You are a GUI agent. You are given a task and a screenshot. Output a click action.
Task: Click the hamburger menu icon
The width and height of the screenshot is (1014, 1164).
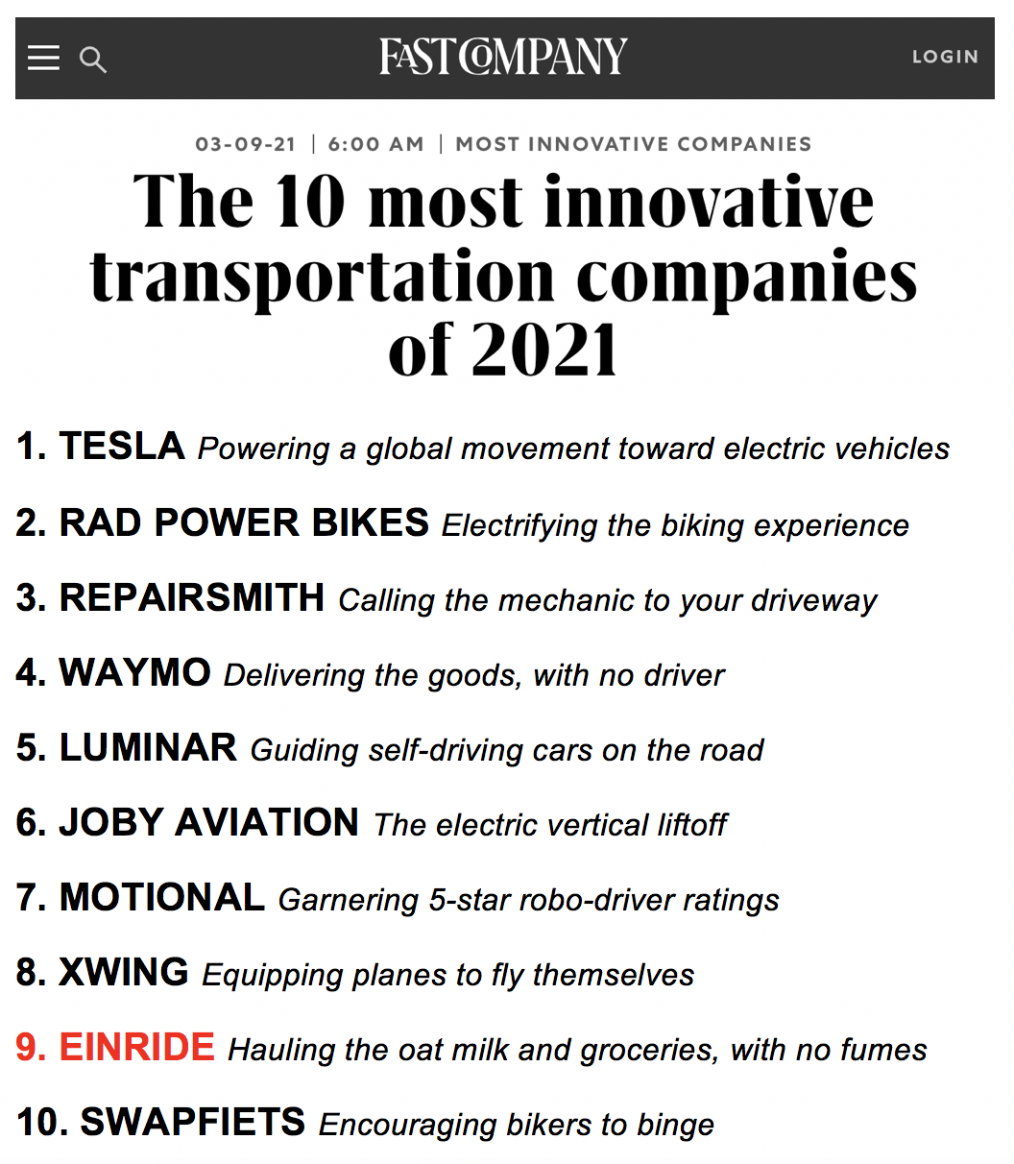tap(43, 58)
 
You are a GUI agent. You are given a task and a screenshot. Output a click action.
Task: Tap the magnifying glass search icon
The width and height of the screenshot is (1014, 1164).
tap(93, 60)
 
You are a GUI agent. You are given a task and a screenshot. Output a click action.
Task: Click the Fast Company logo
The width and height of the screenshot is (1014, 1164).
tap(503, 56)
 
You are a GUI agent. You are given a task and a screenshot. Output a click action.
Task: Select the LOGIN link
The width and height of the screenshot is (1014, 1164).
tap(945, 57)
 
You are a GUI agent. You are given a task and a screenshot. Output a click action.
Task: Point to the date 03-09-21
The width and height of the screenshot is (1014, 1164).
tap(245, 144)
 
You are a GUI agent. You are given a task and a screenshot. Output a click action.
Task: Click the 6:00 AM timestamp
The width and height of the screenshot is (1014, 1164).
tap(375, 144)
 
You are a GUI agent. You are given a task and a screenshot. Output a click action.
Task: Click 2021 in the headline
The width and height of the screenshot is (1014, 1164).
tap(544, 349)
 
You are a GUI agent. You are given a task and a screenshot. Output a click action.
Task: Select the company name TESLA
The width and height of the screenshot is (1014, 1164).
tap(122, 446)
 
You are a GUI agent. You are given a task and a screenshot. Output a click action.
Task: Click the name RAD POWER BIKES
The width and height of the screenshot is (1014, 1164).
tap(244, 522)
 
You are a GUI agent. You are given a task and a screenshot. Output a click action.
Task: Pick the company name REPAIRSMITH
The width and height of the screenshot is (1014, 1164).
tap(192, 597)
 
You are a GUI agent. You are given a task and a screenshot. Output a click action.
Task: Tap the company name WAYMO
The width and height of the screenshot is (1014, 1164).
tap(134, 672)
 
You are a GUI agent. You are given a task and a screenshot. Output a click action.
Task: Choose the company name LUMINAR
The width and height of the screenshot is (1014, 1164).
tap(148, 747)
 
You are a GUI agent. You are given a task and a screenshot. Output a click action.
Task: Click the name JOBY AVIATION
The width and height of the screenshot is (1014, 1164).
tap(208, 822)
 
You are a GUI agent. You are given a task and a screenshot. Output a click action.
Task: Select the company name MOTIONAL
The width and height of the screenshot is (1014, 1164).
tap(162, 897)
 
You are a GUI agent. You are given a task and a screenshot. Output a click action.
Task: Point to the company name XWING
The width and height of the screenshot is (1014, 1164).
tap(124, 972)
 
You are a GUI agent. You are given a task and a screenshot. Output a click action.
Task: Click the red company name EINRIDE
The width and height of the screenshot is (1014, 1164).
tap(137, 1047)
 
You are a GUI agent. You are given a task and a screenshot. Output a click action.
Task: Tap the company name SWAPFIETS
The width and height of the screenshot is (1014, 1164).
tap(193, 1122)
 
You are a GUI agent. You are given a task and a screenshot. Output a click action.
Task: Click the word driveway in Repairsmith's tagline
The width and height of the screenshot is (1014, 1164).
tap(814, 602)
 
